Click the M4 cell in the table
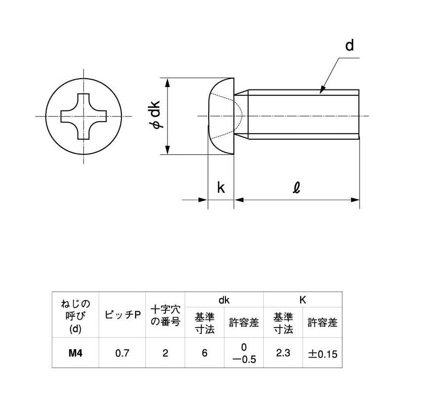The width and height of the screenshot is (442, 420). pyautogui.click(x=75, y=353)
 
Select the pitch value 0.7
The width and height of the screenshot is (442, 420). pyautogui.click(x=122, y=353)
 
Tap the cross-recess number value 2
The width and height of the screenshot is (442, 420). pyautogui.click(x=166, y=353)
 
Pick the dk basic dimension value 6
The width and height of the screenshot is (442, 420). pyautogui.click(x=204, y=353)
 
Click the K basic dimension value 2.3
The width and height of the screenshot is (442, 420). pyautogui.click(x=283, y=353)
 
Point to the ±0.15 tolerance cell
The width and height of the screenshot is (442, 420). pyautogui.click(x=323, y=353)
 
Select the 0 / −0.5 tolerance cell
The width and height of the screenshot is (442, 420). pyautogui.click(x=244, y=353)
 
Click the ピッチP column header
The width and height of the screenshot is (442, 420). pyautogui.click(x=122, y=315)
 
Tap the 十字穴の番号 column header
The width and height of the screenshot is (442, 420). pyautogui.click(x=166, y=315)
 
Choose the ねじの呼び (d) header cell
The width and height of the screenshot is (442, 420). pyautogui.click(x=75, y=315)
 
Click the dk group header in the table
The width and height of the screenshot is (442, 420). pyautogui.click(x=224, y=299)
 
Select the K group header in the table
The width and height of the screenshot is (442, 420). pyautogui.click(x=303, y=299)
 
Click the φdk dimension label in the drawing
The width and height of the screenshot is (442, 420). pyautogui.click(x=155, y=117)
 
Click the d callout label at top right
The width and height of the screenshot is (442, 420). pyautogui.click(x=349, y=46)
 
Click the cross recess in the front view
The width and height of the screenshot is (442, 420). pyautogui.click(x=83, y=117)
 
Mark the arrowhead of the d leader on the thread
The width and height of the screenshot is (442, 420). pyautogui.click(x=322, y=90)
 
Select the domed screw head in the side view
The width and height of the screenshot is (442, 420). pyautogui.click(x=220, y=117)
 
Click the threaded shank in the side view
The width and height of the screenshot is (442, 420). pyautogui.click(x=304, y=117)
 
